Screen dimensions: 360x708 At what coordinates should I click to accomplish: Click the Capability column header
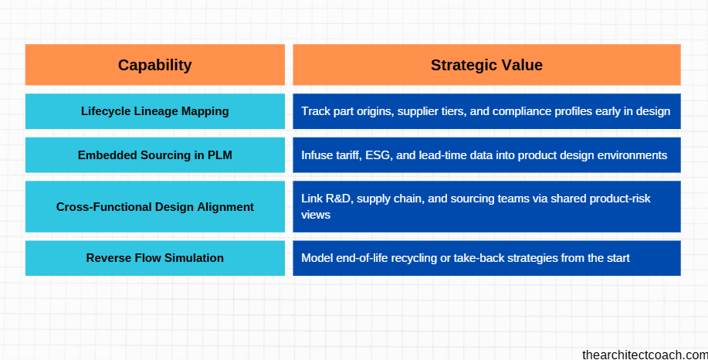[154, 65]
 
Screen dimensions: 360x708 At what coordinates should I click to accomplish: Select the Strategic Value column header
[486, 65]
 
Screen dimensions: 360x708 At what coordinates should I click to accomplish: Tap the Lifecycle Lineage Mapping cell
[154, 111]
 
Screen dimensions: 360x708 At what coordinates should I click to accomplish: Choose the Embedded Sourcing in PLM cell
[154, 155]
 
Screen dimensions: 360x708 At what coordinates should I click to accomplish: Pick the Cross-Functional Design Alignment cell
[154, 207]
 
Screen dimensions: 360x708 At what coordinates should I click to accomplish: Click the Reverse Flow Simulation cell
[154, 258]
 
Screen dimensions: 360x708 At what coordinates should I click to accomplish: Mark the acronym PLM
[219, 155]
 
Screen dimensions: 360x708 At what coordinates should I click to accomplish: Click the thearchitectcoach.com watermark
[644, 354]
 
